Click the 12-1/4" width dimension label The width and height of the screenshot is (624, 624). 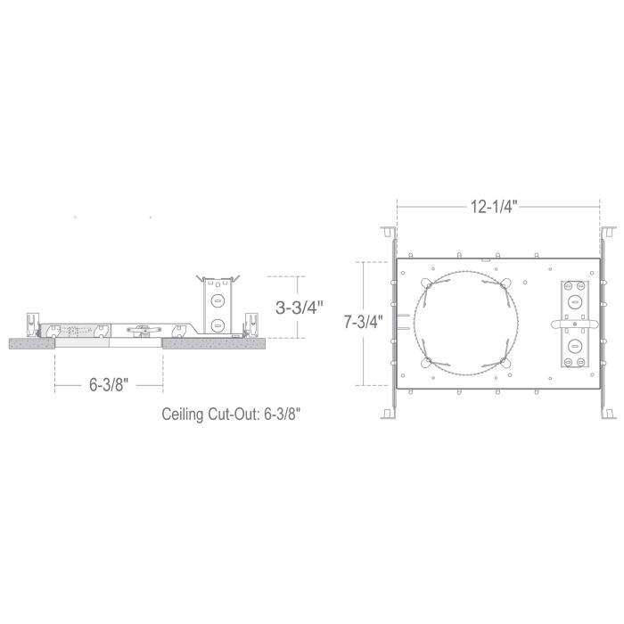coord(494,207)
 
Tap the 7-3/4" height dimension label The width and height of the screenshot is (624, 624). coord(364,322)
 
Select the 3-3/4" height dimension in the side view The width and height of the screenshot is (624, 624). coord(300,308)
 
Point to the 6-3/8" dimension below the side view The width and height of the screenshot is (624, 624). coord(109,385)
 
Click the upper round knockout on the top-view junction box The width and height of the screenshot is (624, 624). coord(574,302)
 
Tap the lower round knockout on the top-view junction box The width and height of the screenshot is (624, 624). coord(574,346)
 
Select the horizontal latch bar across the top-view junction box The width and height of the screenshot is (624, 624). coord(574,324)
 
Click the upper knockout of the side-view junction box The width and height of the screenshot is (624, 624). coord(218,300)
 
